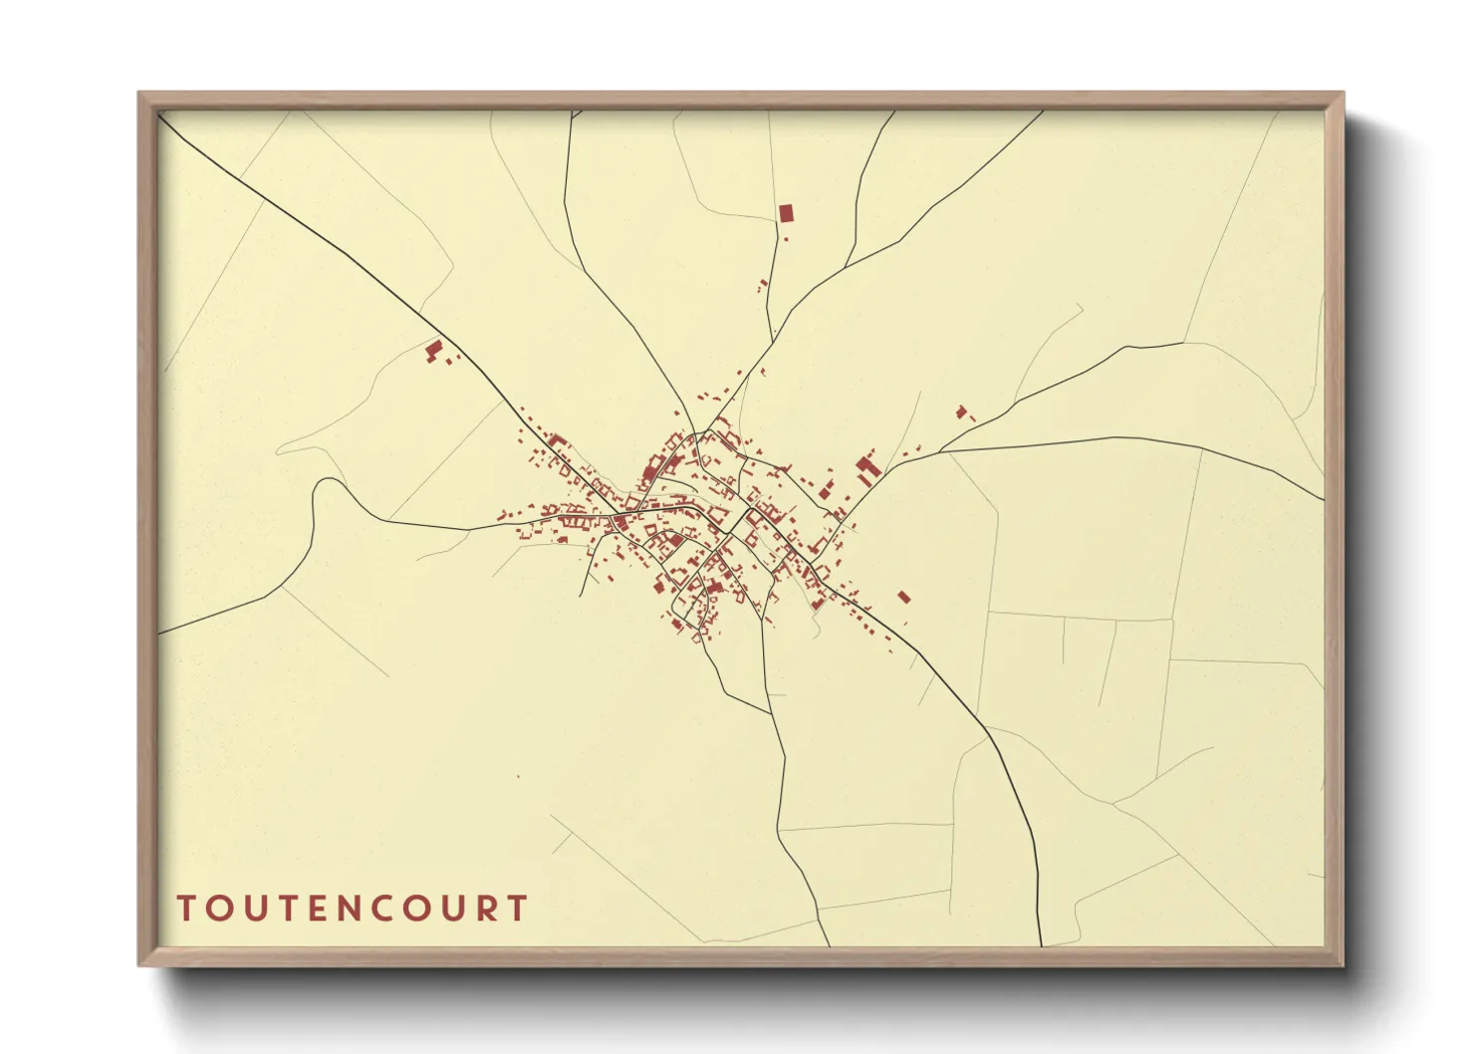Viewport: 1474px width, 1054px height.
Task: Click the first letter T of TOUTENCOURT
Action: [186, 909]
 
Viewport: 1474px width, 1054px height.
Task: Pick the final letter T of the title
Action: [517, 909]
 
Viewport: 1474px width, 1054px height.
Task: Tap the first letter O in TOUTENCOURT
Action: [221, 909]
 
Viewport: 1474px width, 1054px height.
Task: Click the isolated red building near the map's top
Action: [786, 212]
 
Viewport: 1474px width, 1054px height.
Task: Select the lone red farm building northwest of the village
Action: [433, 350]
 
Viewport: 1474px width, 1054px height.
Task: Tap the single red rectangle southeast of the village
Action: [903, 597]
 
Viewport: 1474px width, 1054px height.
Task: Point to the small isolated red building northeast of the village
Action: [961, 410]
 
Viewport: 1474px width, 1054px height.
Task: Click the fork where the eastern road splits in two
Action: [940, 452]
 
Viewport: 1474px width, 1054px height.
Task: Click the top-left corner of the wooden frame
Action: [140, 94]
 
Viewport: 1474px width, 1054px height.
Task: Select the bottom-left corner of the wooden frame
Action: [140, 963]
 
